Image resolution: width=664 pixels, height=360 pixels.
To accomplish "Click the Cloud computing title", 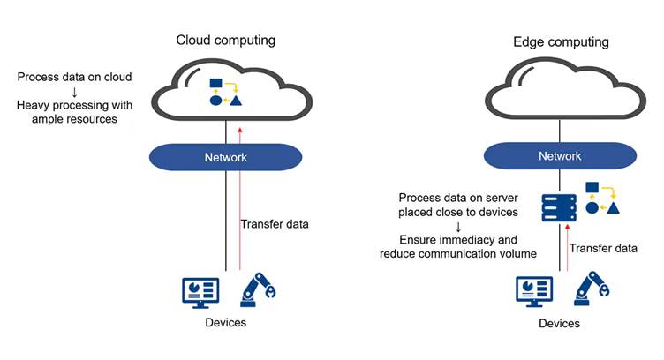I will pyautogui.click(x=226, y=40).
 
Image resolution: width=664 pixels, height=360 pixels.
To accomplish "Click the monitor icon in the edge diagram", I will pyautogui.click(x=533, y=292).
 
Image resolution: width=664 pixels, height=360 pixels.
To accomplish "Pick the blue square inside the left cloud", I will pyautogui.click(x=215, y=85).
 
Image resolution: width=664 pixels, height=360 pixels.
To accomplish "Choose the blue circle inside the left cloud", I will pyautogui.click(x=215, y=100).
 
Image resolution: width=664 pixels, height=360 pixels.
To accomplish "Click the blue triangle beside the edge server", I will pyautogui.click(x=612, y=208).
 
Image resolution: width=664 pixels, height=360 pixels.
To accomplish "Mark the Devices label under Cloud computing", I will pyautogui.click(x=225, y=323).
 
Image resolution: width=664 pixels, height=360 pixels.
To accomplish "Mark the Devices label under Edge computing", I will pyautogui.click(x=560, y=324).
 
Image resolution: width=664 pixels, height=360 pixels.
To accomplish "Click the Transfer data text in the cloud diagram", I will pyautogui.click(x=275, y=224).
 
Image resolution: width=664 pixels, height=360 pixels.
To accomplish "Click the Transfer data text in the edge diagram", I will pyautogui.click(x=603, y=250).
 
